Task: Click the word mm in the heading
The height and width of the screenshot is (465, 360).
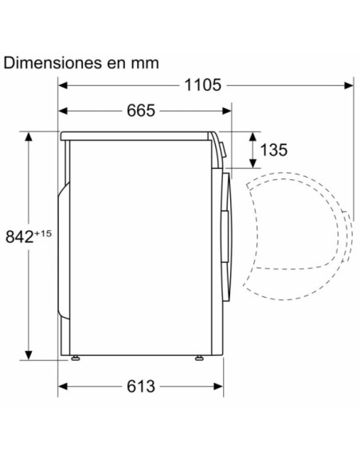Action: (x=143, y=62)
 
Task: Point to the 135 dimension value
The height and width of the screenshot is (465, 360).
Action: (x=273, y=149)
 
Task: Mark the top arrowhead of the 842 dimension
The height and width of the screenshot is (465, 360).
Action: (x=29, y=135)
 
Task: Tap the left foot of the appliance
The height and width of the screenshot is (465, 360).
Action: (x=76, y=358)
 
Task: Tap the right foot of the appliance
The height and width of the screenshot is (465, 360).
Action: (x=196, y=358)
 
